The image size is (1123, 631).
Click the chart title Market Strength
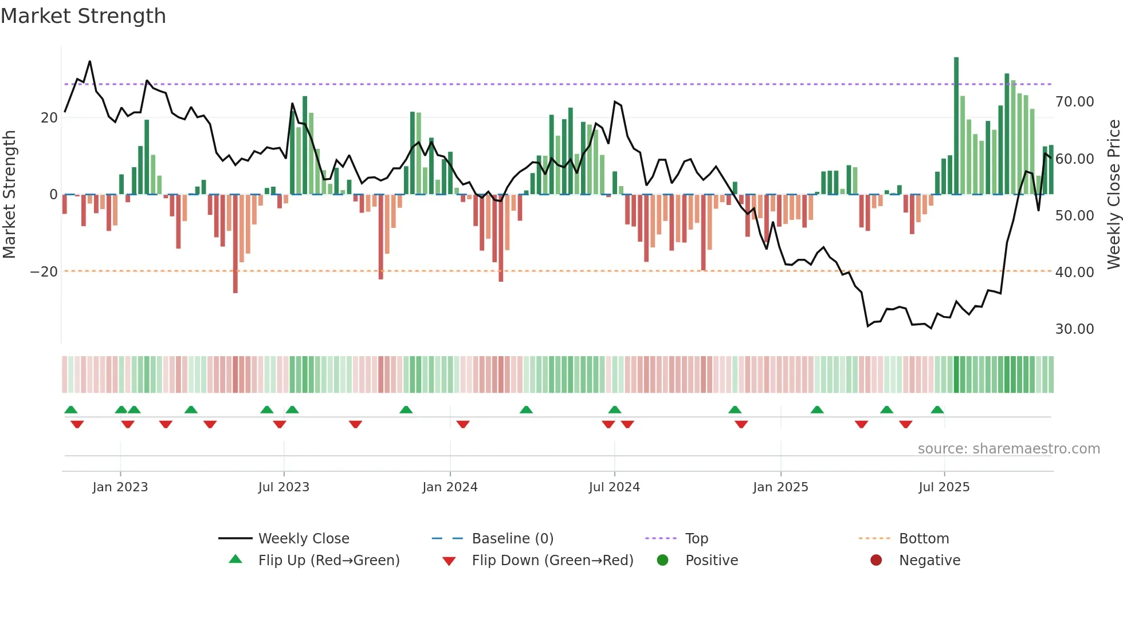(83, 16)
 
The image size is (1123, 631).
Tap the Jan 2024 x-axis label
(450, 487)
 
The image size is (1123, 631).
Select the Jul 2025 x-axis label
(944, 487)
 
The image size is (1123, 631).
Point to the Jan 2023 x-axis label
(120, 487)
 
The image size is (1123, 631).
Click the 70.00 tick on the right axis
(1074, 102)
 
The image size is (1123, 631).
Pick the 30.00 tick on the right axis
(1074, 329)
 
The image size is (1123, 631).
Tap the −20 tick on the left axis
(44, 272)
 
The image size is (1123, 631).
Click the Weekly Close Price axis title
(1113, 195)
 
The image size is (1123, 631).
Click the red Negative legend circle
(876, 561)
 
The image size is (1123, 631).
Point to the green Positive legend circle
(663, 561)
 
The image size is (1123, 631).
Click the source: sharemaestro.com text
(1008, 449)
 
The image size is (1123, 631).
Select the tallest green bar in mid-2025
(956, 126)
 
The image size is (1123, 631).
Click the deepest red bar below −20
(235, 246)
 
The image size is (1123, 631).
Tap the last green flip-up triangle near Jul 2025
(937, 410)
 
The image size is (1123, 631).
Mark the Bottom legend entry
(924, 539)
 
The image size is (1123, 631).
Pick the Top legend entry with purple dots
(696, 539)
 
